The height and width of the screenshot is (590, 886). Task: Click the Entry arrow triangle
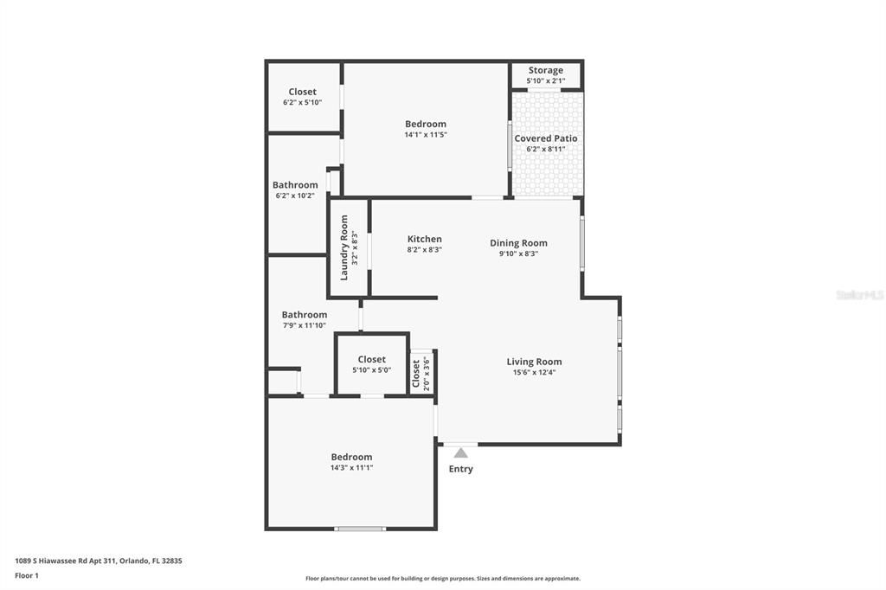click(x=461, y=452)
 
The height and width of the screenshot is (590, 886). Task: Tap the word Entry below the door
click(x=460, y=469)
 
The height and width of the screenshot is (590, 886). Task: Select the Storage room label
click(x=545, y=70)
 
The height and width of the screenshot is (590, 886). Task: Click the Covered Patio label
click(x=545, y=138)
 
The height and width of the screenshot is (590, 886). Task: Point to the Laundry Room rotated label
click(x=344, y=247)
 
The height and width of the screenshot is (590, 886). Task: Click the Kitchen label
click(x=424, y=240)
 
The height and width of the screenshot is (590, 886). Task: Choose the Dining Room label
click(x=518, y=243)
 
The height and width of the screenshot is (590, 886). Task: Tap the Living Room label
click(x=534, y=362)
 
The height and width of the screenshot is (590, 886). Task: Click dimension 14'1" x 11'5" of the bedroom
click(x=425, y=135)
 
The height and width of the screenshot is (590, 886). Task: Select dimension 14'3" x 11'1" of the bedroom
click(x=351, y=468)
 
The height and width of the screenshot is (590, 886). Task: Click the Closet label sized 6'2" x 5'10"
click(x=302, y=92)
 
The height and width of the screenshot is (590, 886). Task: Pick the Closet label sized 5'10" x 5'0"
click(x=371, y=359)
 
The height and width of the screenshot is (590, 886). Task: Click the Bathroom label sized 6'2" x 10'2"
click(x=295, y=185)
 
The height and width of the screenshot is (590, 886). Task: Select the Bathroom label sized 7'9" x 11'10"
click(x=304, y=315)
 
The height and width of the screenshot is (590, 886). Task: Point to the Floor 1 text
click(x=27, y=575)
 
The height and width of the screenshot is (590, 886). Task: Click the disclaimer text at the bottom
click(x=442, y=579)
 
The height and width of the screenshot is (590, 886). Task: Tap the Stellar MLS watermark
click(x=859, y=295)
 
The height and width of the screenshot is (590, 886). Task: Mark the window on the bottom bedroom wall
click(x=360, y=528)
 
